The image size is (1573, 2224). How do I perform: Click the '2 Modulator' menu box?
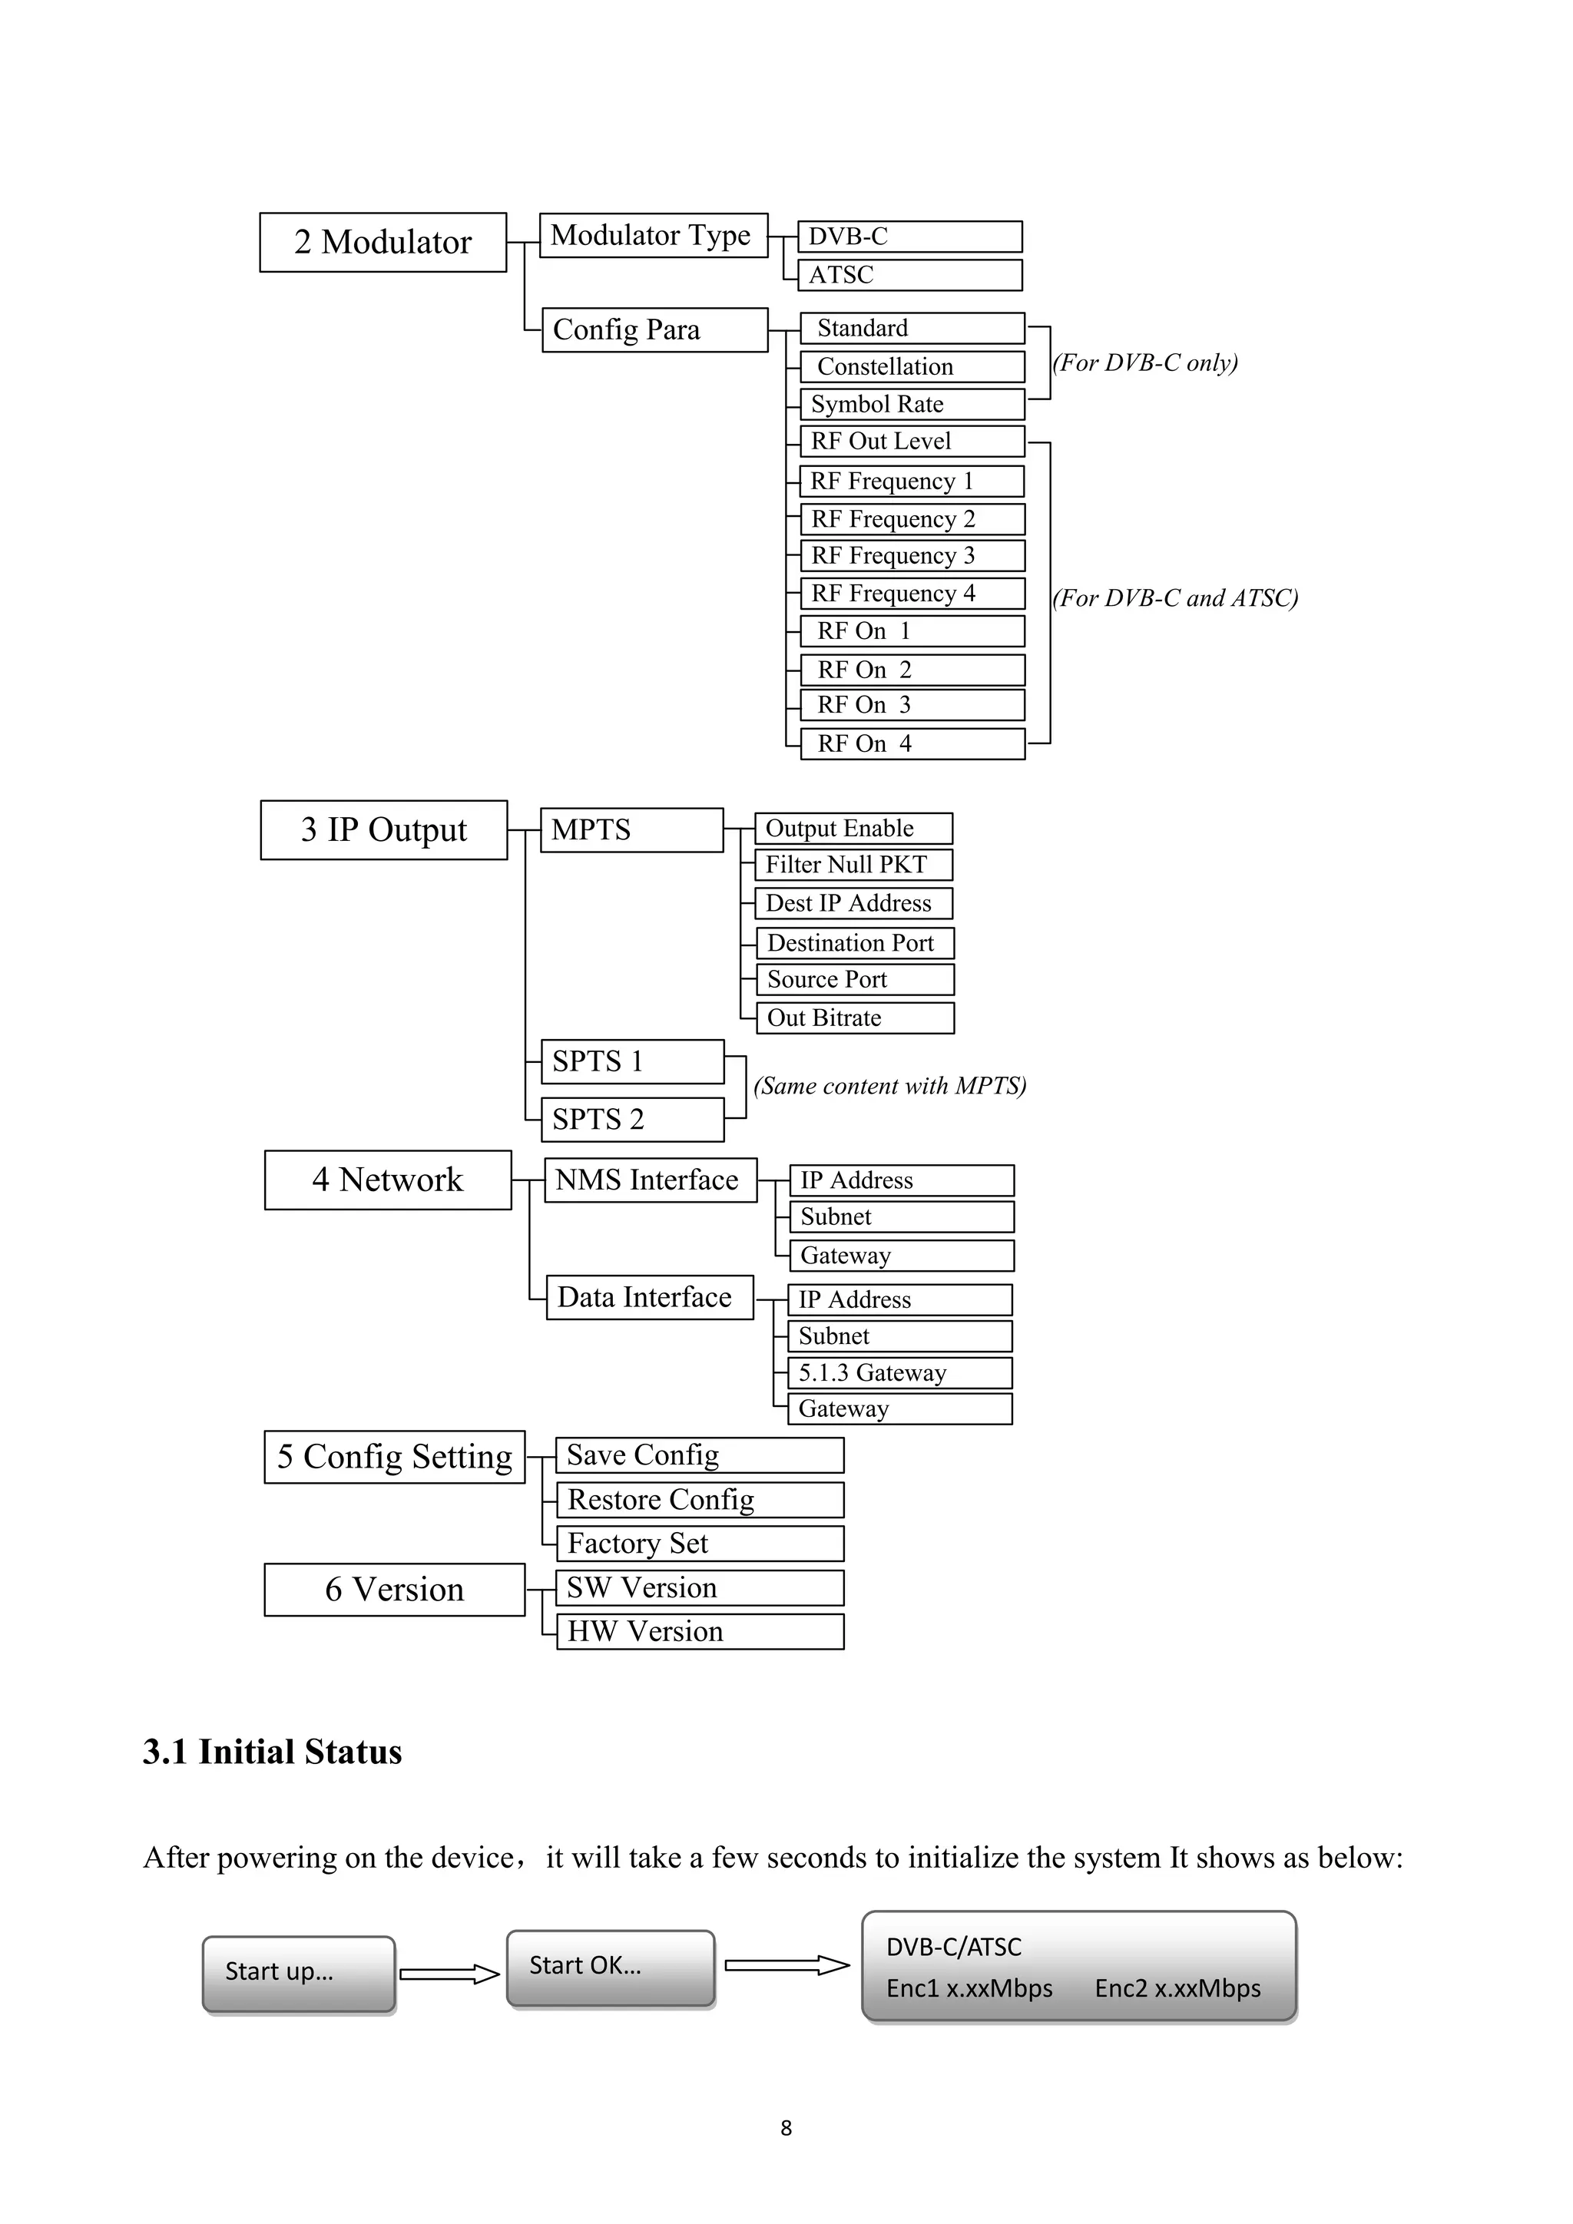click(382, 242)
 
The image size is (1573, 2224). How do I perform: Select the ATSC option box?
click(909, 275)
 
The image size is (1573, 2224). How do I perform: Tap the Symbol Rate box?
click(912, 404)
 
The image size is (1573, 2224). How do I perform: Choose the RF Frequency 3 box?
click(912, 556)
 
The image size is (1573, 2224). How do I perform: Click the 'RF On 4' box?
click(912, 744)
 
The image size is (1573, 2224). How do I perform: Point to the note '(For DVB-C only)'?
click(1145, 363)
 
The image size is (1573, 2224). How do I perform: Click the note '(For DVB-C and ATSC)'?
click(1175, 598)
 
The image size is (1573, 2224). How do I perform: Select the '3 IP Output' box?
click(383, 830)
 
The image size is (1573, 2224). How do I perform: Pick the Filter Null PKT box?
click(853, 865)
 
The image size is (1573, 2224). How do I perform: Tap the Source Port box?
click(856, 979)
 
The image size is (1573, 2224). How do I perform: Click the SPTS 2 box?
click(631, 1120)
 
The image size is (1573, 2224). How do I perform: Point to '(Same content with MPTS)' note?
click(889, 1086)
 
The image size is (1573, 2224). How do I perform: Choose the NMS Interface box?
click(650, 1180)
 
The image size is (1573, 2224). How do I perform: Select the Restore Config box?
click(700, 1501)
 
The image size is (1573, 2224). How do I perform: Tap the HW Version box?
click(700, 1632)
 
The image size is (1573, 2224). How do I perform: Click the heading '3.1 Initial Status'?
click(272, 1752)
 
